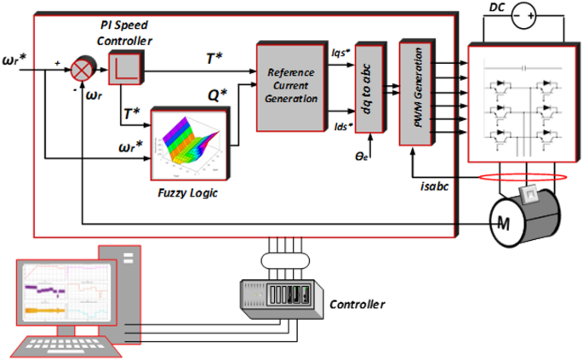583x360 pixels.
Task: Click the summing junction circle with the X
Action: (83, 69)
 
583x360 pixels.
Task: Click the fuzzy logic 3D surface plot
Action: (191, 145)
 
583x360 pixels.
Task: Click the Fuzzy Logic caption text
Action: (188, 192)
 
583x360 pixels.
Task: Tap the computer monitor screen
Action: (63, 294)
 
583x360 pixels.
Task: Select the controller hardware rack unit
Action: (281, 299)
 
